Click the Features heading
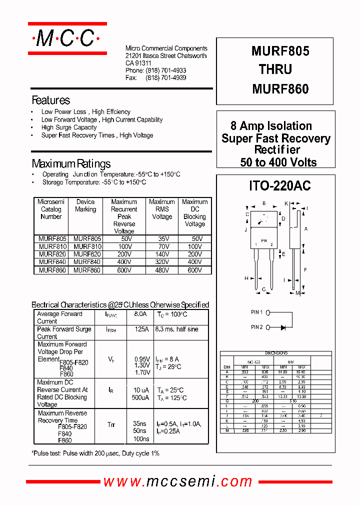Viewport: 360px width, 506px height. click(x=50, y=100)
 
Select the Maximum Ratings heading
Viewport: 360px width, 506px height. click(x=71, y=163)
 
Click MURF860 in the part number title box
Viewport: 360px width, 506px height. click(x=280, y=89)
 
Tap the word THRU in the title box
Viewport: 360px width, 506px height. click(x=275, y=69)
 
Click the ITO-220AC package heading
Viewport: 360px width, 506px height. click(x=279, y=186)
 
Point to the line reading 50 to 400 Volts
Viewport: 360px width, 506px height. click(x=278, y=162)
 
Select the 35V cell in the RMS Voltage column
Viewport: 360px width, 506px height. click(x=161, y=239)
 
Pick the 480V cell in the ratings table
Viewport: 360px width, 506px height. click(x=161, y=270)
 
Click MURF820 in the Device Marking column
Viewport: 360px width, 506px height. click(x=87, y=254)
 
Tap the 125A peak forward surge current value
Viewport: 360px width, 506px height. click(x=141, y=329)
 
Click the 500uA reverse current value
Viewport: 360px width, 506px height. click(x=140, y=398)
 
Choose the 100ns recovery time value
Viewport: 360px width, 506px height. click(x=140, y=438)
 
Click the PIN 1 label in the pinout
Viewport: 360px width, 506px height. click(x=256, y=312)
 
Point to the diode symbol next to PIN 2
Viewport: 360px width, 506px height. click(x=283, y=327)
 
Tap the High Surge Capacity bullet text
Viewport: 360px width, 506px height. click(x=69, y=127)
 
